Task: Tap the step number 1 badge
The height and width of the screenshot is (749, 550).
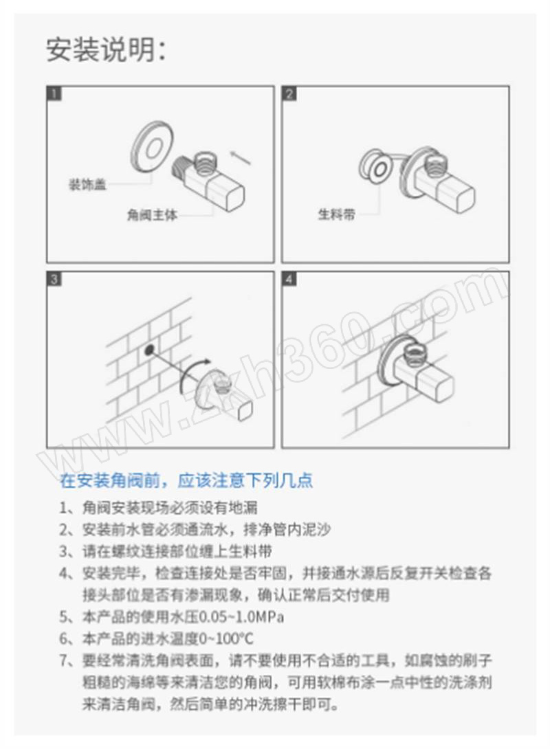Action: (54, 93)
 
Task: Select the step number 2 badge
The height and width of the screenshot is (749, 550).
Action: (289, 93)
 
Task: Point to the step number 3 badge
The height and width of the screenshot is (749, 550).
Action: (54, 279)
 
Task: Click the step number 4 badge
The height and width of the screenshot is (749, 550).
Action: (289, 279)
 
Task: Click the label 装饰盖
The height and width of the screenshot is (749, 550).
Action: (87, 184)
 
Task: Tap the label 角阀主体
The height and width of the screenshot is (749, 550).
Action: (151, 215)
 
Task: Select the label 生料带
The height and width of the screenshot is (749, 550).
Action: (337, 214)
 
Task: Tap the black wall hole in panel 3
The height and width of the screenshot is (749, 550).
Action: (150, 350)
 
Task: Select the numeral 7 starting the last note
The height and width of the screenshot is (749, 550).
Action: (63, 660)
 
